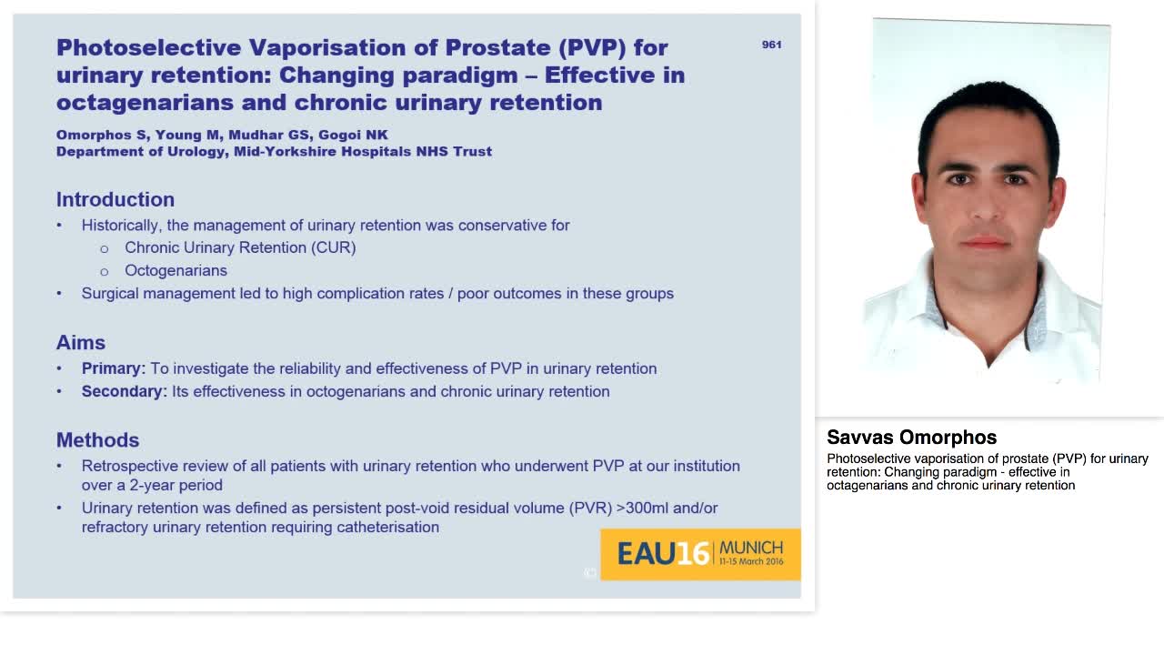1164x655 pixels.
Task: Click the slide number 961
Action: [x=771, y=45]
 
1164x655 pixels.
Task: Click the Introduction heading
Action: [x=115, y=199]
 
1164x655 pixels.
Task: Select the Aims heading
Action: [x=81, y=342]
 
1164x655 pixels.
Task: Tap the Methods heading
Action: [x=97, y=439]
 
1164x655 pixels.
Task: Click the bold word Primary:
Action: [x=114, y=368]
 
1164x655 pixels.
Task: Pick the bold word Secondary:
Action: [x=125, y=391]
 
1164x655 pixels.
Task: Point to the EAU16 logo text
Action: [x=663, y=553]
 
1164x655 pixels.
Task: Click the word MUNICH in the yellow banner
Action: [x=751, y=548]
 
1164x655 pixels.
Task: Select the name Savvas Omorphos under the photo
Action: [x=911, y=438]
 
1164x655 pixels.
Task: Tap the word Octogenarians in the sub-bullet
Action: [x=176, y=270]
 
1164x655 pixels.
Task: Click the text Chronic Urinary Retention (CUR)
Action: [x=240, y=247]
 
